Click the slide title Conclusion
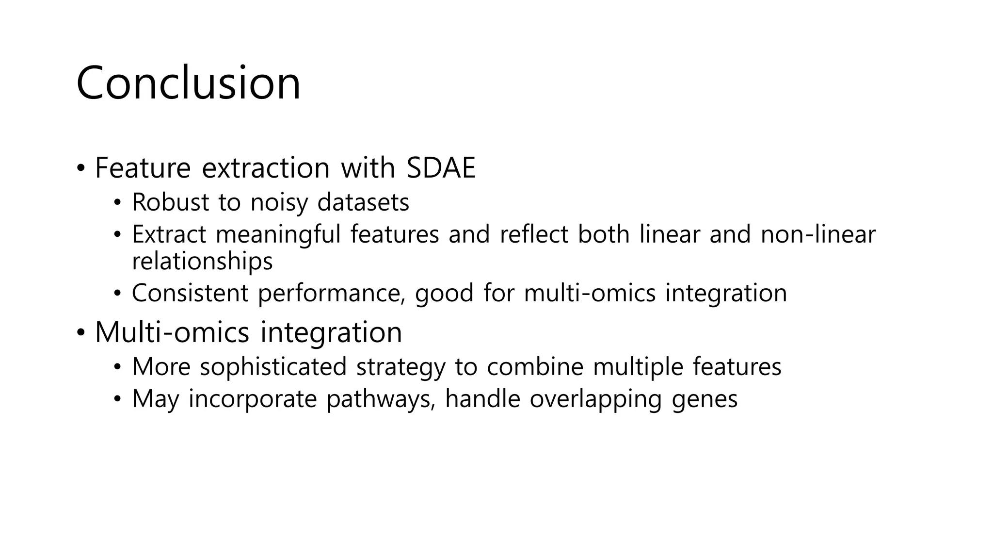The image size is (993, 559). point(188,83)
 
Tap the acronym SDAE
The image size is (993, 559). point(441,168)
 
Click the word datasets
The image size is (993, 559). point(363,202)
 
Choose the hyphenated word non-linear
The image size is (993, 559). point(818,234)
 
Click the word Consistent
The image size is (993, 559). point(190,293)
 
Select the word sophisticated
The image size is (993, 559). point(273,367)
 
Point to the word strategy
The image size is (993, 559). point(400,367)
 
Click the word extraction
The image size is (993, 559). point(266,168)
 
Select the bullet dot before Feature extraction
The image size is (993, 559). point(80,168)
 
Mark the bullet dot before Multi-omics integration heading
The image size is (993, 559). point(80,333)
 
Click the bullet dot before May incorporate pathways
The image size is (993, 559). point(117,399)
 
